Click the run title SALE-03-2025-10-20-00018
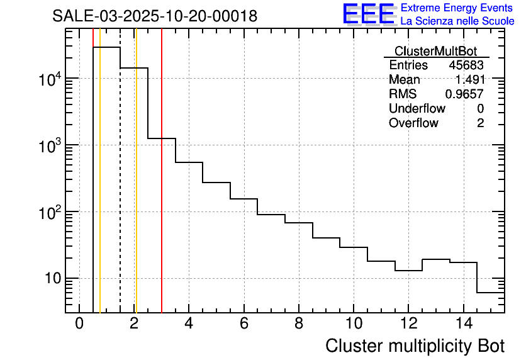(x=155, y=16)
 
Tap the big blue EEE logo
(x=368, y=14)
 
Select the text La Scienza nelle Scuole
(x=457, y=21)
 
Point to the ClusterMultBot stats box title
(x=435, y=51)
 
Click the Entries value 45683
(x=466, y=65)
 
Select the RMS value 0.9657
(x=464, y=94)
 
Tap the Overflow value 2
(x=480, y=123)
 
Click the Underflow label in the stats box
(x=417, y=109)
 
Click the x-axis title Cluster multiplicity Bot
(x=415, y=346)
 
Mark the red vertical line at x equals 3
(x=162, y=189)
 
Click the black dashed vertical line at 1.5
(x=120, y=189)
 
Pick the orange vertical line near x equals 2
(x=136, y=189)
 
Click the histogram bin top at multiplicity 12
(x=408, y=270)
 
